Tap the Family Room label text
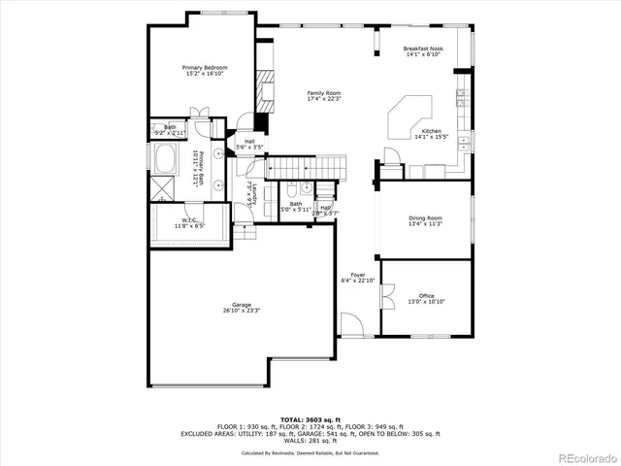324,93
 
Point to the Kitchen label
431,131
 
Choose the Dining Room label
426,218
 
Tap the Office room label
426,295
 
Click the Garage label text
241,305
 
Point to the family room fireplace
265,89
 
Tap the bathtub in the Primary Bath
162,157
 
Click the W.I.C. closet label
189,220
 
